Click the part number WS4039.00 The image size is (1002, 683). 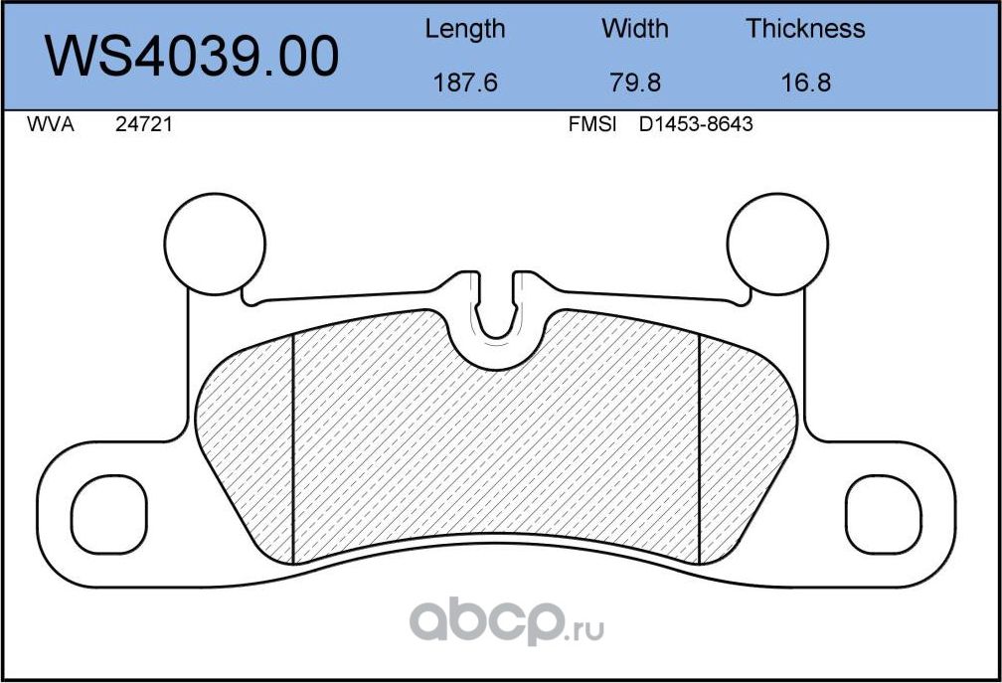(192, 57)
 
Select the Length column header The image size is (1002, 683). (464, 29)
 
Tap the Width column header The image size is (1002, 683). (634, 29)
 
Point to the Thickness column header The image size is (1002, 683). (805, 29)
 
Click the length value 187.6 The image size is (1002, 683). (464, 83)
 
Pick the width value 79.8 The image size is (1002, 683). (634, 83)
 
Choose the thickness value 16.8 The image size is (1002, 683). (805, 83)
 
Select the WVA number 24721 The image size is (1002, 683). (140, 125)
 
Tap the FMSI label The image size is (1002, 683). (592, 125)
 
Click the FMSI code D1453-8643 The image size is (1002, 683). (695, 125)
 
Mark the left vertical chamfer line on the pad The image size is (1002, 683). (294, 447)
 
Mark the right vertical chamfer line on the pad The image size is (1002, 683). (701, 447)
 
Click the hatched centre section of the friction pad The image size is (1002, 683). (497, 447)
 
